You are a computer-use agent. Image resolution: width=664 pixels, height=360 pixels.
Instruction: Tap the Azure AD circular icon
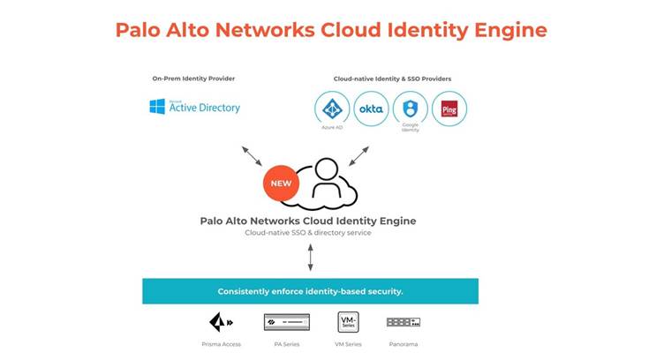(x=332, y=109)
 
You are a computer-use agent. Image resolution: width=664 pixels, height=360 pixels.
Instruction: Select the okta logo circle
(x=370, y=109)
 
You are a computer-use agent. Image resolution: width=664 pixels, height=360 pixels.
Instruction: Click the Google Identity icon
(x=410, y=109)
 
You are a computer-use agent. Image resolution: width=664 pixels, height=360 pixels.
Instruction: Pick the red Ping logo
(x=449, y=109)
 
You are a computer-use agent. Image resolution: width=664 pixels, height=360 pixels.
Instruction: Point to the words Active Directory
(x=205, y=108)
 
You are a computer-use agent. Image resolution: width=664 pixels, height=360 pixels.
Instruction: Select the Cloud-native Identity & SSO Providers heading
(x=392, y=79)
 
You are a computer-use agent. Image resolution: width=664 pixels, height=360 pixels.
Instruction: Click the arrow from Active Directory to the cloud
(x=252, y=156)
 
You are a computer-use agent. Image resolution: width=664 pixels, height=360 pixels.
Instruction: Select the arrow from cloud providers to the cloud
(x=358, y=156)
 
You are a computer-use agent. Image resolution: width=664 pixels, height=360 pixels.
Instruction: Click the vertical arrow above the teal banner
(x=309, y=257)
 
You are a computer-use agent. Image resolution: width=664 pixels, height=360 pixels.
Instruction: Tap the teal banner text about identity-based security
(x=310, y=291)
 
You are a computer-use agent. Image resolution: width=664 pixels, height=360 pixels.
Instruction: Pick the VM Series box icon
(x=347, y=321)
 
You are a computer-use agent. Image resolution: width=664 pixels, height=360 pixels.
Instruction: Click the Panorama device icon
(x=403, y=322)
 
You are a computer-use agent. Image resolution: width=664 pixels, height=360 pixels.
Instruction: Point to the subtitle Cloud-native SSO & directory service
(x=309, y=233)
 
